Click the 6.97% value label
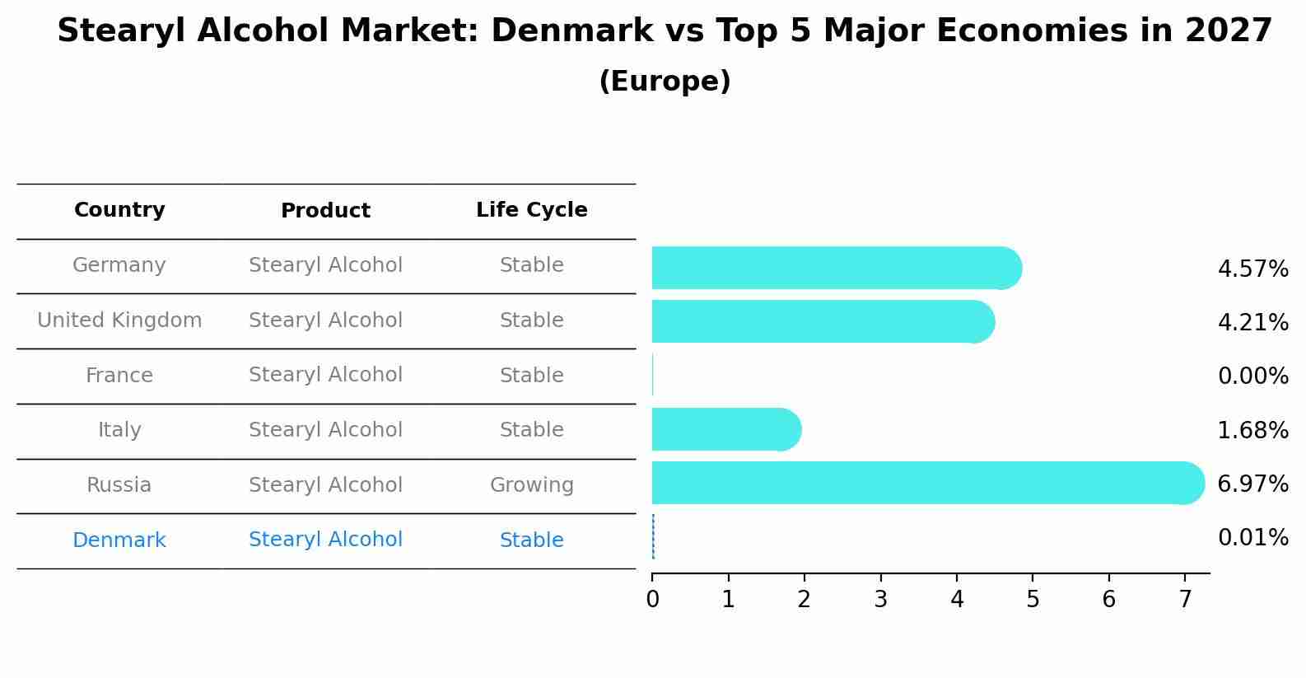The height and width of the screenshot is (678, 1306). pyautogui.click(x=1252, y=484)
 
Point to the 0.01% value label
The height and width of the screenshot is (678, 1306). pyautogui.click(x=1252, y=538)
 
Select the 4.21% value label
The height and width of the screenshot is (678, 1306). pyautogui.click(x=1252, y=322)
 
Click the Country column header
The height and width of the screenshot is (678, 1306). pyautogui.click(x=119, y=210)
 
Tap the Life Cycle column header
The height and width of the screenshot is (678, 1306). pyautogui.click(x=531, y=210)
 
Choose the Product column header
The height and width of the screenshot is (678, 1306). pyautogui.click(x=325, y=211)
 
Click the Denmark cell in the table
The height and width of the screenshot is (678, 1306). pyautogui.click(x=119, y=540)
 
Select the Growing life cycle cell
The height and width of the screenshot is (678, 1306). pyautogui.click(x=531, y=485)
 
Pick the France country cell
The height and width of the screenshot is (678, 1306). pyautogui.click(x=119, y=376)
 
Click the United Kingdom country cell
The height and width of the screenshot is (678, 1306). pyautogui.click(x=119, y=320)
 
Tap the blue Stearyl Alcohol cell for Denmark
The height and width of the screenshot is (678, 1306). pyautogui.click(x=325, y=540)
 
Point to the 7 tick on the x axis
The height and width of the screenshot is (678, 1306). pyautogui.click(x=1185, y=599)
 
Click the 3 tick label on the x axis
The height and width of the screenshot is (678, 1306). pyautogui.click(x=880, y=599)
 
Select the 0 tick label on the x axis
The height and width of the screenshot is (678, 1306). pyautogui.click(x=652, y=599)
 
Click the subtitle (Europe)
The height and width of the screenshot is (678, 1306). pyautogui.click(x=665, y=82)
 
